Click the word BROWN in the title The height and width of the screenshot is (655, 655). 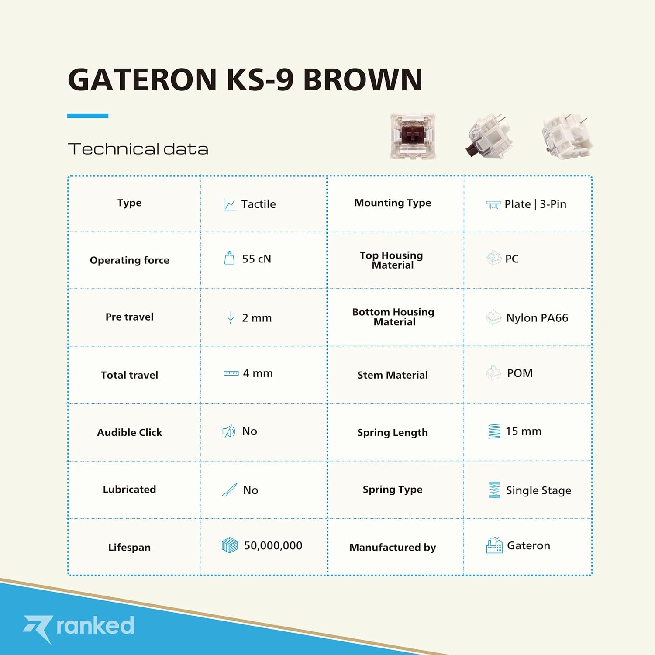coord(362,79)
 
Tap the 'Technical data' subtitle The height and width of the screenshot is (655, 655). coord(138,149)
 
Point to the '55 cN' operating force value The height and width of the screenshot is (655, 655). coord(257,259)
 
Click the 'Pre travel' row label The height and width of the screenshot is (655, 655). coord(130,317)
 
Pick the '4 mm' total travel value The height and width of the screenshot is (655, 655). coord(258,373)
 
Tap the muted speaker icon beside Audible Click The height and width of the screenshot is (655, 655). coord(229,432)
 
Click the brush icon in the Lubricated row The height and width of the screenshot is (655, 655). coord(230,490)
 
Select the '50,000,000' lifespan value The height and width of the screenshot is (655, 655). coord(273,546)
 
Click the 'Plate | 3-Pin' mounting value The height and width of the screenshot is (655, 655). coord(535,204)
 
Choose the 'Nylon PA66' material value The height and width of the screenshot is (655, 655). coord(537,318)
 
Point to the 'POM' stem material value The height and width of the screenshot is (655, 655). coord(520,373)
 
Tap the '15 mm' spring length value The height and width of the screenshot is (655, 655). coord(523,431)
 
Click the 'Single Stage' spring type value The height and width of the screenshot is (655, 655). coord(538,490)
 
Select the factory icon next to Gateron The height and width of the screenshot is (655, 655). coord(494,545)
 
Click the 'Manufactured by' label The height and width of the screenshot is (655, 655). coord(393,547)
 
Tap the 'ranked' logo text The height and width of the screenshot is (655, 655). coord(95,625)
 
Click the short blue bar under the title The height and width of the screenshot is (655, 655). coord(88,116)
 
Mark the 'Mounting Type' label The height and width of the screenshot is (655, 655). coord(393,203)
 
